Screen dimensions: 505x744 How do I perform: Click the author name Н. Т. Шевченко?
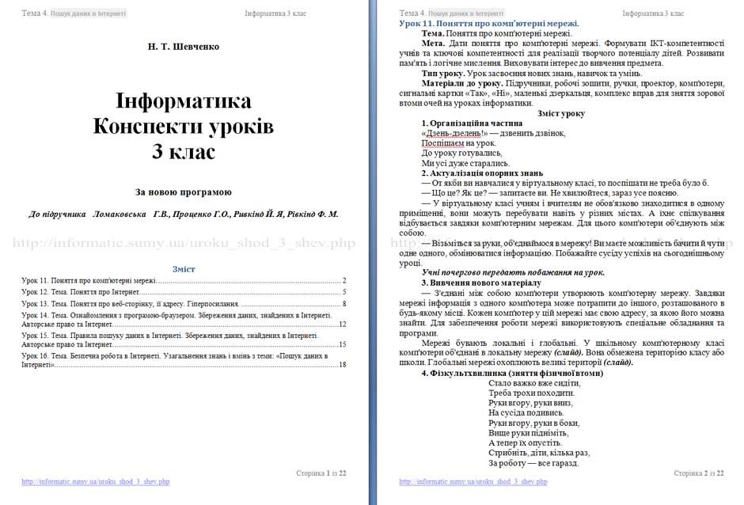[x=184, y=47]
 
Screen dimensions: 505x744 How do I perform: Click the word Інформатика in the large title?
[x=184, y=101]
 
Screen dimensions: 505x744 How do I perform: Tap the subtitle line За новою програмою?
[x=184, y=192]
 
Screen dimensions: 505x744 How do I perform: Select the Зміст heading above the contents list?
[x=184, y=269]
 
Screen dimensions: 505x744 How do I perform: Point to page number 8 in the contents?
[x=345, y=303]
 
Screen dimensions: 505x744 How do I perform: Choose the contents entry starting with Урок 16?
[x=174, y=356]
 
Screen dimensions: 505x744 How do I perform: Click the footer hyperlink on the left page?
[x=96, y=481]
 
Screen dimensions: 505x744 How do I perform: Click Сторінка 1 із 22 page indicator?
[x=321, y=473]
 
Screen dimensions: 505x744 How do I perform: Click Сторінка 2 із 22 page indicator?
[x=699, y=473]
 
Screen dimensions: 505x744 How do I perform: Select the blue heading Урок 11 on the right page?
[x=489, y=24]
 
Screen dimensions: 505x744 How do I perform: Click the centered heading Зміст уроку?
[x=560, y=113]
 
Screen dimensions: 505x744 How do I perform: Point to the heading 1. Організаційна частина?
[x=472, y=123]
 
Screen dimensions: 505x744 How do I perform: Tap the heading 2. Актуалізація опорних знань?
[x=482, y=173]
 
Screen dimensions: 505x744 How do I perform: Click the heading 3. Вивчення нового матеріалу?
[x=481, y=283]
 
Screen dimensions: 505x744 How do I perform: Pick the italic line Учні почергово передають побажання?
[x=513, y=272]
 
